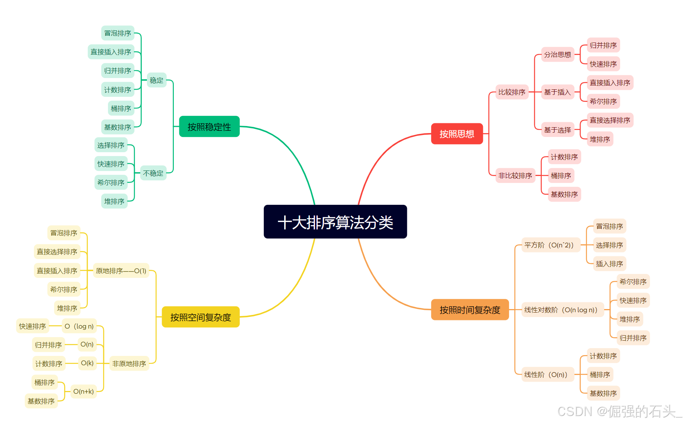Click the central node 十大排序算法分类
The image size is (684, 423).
tap(335, 222)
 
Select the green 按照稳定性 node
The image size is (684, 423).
tap(209, 127)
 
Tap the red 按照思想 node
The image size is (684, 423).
tap(457, 134)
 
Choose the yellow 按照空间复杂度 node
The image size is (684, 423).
tap(201, 317)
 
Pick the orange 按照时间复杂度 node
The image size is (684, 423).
tap(470, 310)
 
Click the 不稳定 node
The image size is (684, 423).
tap(153, 173)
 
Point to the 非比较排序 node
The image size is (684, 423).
tap(515, 176)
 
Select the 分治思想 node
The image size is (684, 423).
tap(557, 55)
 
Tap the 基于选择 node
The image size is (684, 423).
tap(557, 130)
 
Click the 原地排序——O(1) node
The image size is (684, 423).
tap(121, 271)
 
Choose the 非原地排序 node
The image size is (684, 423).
tap(129, 364)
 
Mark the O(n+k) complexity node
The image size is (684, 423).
tap(83, 391)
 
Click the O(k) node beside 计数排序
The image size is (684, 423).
tap(87, 363)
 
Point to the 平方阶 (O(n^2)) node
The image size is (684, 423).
tap(549, 245)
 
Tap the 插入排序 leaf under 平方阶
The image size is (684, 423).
tap(609, 264)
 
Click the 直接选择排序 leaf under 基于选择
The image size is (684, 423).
tap(610, 120)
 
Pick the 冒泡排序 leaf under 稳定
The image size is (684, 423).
tap(118, 33)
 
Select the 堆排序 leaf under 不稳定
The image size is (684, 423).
tap(114, 201)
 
